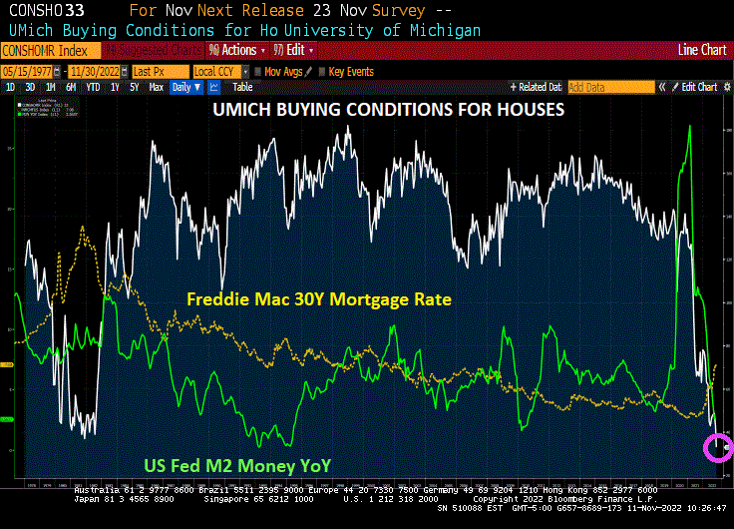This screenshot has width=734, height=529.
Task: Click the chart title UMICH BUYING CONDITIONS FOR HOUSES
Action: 389,109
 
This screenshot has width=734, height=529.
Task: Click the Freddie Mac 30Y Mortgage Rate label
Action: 319,299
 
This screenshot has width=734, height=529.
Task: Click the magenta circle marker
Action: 718,447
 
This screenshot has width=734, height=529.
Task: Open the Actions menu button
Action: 234,50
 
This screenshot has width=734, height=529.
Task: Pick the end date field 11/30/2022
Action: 97,72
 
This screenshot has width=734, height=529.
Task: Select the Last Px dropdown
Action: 158,72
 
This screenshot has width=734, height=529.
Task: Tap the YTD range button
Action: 92,87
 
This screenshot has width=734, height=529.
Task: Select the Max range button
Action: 156,87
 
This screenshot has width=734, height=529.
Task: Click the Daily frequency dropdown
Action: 186,87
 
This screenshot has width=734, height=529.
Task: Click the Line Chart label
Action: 702,50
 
